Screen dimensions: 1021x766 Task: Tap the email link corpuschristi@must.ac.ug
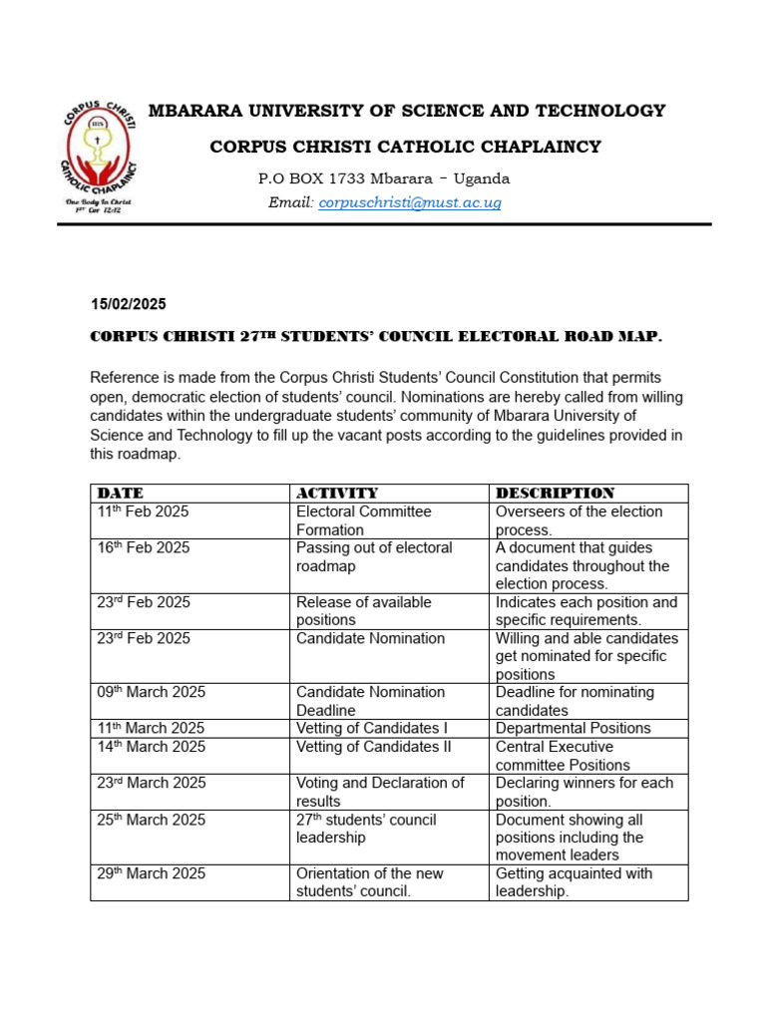409,202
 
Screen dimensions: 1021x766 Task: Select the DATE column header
120,493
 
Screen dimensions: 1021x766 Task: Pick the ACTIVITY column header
337,493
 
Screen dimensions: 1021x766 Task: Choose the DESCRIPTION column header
555,493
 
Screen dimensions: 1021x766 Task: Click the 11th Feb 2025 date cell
143,511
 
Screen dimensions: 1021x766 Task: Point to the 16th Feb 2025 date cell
143,548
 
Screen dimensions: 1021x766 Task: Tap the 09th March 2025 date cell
151,692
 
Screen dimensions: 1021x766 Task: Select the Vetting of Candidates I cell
369,728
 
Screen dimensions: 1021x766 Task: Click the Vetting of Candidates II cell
373,747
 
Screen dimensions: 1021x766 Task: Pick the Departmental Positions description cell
573,728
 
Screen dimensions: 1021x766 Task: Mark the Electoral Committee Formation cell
363,520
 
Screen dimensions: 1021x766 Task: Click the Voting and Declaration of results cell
379,792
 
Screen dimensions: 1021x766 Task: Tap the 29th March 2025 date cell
151,873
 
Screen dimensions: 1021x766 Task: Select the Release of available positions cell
363,611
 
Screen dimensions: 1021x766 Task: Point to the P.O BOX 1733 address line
384,179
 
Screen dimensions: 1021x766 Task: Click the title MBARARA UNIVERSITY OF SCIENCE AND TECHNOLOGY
407,111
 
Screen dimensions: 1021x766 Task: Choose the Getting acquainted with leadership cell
574,882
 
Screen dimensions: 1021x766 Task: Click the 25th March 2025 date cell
151,820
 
